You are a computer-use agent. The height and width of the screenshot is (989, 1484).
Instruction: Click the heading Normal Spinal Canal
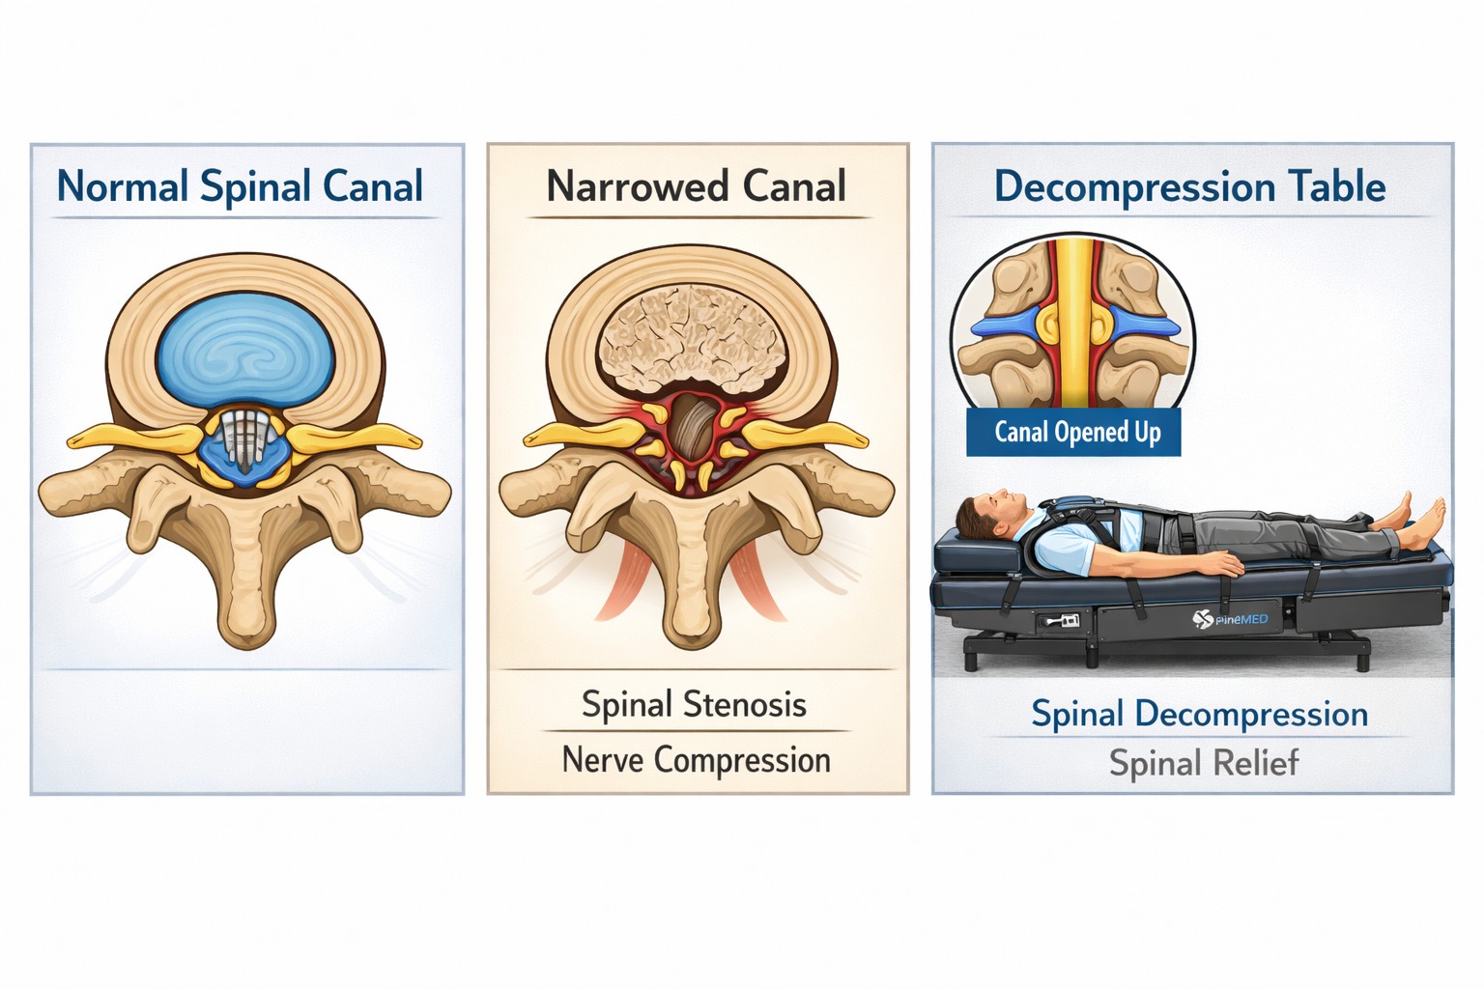coord(240,186)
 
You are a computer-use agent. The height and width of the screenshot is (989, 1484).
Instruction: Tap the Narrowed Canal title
coord(696,186)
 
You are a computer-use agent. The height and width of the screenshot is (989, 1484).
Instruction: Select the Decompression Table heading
coord(1189,186)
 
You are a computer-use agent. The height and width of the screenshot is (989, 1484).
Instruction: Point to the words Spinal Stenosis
coord(694,704)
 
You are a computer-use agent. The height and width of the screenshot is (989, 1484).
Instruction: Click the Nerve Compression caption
coord(696,760)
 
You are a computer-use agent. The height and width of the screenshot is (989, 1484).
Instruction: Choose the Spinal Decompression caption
coord(1199,714)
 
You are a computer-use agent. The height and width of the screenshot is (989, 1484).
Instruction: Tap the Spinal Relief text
coord(1203,763)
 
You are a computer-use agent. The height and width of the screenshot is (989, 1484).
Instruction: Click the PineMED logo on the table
coord(1229,619)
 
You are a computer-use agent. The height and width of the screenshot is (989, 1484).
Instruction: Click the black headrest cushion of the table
coord(976,555)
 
